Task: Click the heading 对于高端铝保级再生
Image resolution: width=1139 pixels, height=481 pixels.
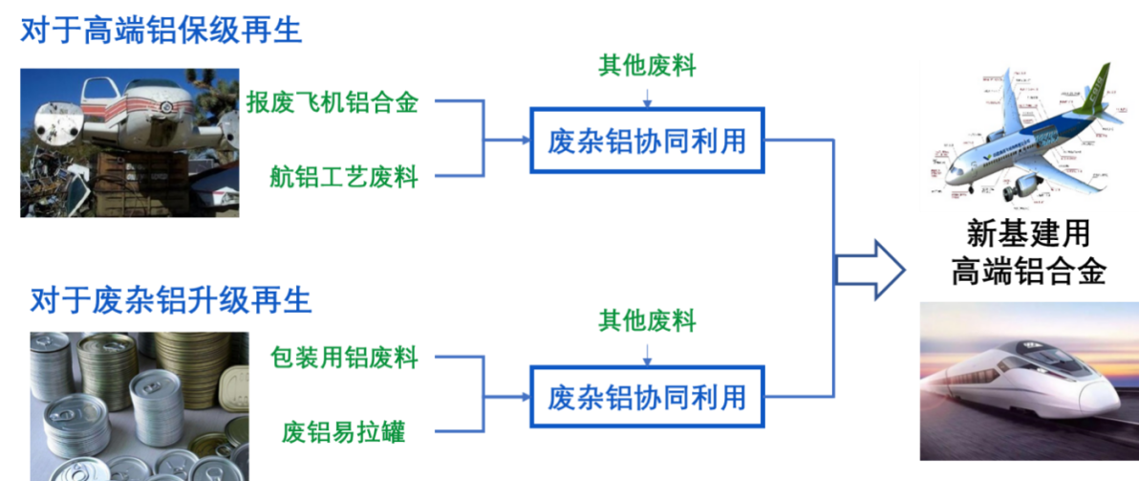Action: [161, 31]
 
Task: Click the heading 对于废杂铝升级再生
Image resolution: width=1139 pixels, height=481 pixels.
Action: [170, 300]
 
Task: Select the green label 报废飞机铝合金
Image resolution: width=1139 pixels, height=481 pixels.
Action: [332, 101]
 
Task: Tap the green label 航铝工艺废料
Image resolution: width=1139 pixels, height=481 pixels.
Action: [344, 177]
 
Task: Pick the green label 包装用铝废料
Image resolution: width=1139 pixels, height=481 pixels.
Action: [345, 358]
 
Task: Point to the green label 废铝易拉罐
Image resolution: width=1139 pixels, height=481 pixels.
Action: [343, 431]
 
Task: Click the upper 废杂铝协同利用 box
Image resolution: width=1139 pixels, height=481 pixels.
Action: [647, 142]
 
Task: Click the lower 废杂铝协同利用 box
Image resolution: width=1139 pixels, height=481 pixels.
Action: [647, 396]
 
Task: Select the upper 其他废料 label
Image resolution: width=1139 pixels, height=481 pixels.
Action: [647, 66]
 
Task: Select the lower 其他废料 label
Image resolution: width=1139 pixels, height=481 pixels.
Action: [647, 320]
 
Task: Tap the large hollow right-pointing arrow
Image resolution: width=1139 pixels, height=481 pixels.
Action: [870, 270]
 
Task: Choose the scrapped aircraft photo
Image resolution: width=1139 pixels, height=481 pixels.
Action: [130, 142]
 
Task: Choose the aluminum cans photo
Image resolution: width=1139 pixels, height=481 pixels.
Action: [139, 405]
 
